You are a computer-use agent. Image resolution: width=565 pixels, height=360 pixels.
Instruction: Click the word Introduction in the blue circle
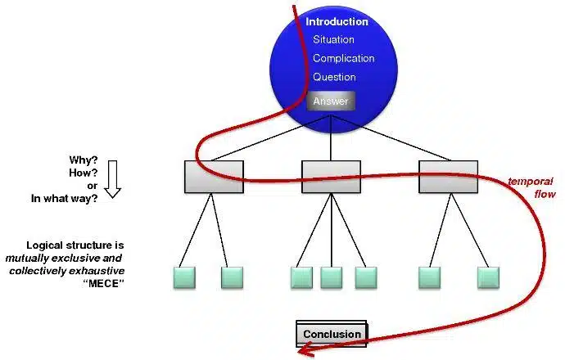coord(337,22)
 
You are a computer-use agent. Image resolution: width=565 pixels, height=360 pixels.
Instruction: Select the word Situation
coord(333,40)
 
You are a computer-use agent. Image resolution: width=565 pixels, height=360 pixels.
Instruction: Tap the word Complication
coord(343,59)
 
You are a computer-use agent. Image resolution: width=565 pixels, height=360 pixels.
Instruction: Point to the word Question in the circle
coord(334,78)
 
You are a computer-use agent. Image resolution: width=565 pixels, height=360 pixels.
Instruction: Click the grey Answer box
coord(330,101)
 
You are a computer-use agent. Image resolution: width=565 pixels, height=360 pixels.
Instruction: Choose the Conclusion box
coord(332,334)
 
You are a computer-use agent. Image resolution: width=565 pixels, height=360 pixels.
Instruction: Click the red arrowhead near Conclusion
coord(305,351)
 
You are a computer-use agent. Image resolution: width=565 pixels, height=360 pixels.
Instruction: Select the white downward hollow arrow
coord(113,178)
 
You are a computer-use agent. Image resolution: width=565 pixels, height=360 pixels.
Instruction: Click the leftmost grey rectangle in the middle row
coord(214,177)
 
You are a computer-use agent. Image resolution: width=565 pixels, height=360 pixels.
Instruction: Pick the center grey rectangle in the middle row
coord(331,177)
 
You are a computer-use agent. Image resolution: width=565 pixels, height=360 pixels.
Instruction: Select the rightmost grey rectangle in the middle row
coord(448,177)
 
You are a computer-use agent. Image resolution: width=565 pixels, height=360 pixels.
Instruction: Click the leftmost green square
coord(185,277)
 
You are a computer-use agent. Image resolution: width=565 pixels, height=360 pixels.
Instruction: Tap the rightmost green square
coord(490,277)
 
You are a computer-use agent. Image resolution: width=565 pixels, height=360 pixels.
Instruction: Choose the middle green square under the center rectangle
coord(331,277)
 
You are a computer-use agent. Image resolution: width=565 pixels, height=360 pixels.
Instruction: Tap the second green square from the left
coord(233,277)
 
